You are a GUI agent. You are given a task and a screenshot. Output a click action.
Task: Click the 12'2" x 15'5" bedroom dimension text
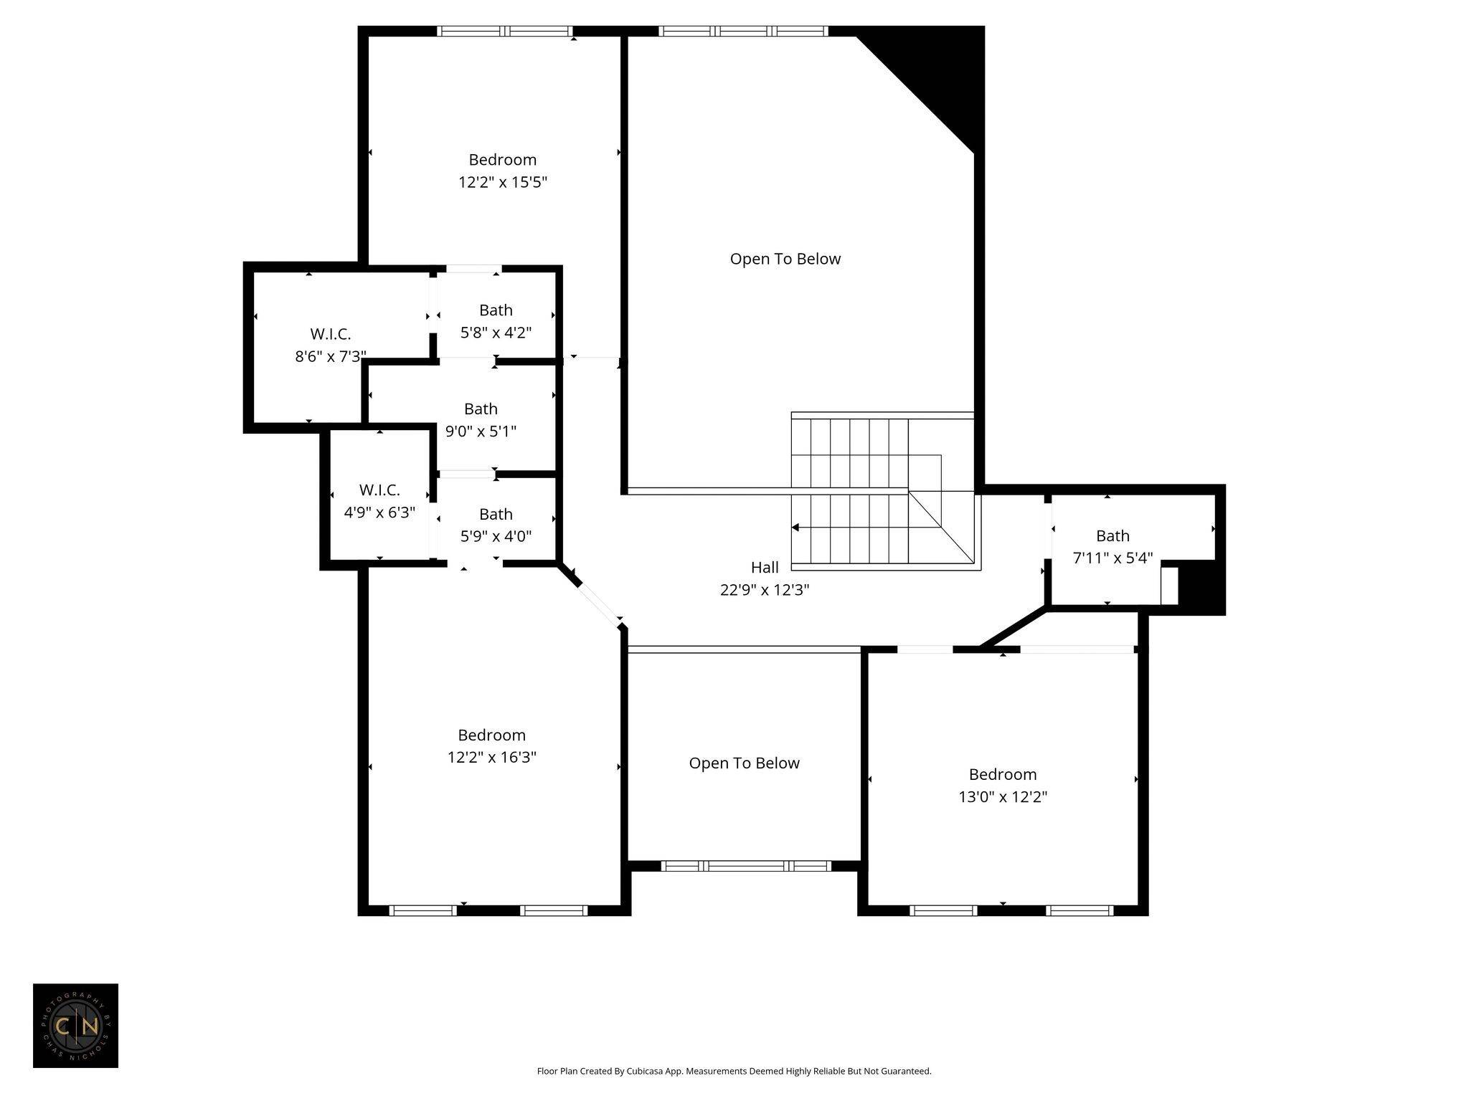pos(503,182)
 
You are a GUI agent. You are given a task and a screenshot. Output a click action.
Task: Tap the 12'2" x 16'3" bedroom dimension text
pos(492,757)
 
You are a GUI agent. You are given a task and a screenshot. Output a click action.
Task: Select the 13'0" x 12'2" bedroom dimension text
pos(1003,796)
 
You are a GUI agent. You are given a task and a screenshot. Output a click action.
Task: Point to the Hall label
pos(765,568)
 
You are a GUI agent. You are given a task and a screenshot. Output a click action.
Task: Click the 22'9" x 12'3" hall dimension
pos(765,590)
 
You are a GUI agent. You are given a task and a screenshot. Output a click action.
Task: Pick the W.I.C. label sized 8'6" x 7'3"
pos(331,334)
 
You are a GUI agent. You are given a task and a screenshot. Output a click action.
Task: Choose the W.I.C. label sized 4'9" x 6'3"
pos(379,490)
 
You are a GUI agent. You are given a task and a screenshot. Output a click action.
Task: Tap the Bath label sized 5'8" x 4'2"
pos(496,310)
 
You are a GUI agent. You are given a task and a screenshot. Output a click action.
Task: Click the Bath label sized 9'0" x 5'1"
pos(481,409)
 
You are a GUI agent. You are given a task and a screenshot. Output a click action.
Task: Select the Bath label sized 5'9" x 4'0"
pos(496,515)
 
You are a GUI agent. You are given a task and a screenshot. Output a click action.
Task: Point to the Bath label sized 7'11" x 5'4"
pos(1113,536)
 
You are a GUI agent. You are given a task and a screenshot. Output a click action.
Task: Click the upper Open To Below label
pos(785,259)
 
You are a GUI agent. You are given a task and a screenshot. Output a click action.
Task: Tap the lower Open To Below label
pos(745,763)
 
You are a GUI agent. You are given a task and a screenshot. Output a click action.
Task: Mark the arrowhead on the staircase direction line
pos(795,528)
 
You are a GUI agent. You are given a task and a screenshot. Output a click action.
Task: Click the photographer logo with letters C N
pos(75,1026)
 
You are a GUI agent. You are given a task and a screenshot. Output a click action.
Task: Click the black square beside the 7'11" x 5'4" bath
pos(1201,587)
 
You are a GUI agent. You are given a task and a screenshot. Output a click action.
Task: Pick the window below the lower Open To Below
pos(746,866)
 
